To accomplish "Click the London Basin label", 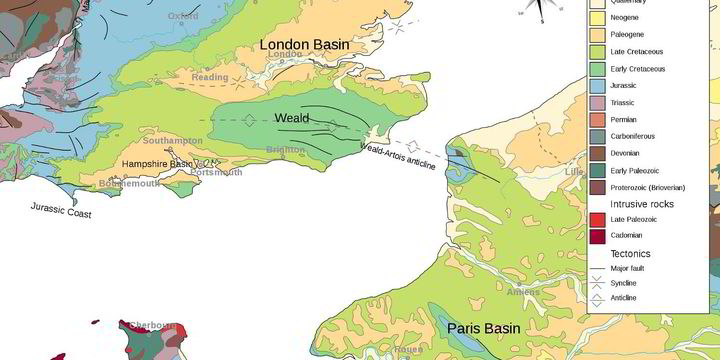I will pyautogui.click(x=306, y=45).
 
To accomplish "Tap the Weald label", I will pyautogui.click(x=291, y=119).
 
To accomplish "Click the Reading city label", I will pyautogui.click(x=210, y=77).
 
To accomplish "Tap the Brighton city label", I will pyautogui.click(x=286, y=150).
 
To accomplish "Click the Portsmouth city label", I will pyautogui.click(x=216, y=172).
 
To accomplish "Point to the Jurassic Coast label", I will pyautogui.click(x=61, y=211).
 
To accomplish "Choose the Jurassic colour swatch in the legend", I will pyautogui.click(x=598, y=85).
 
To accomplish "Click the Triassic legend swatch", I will pyautogui.click(x=598, y=102).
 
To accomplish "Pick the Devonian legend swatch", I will pyautogui.click(x=598, y=153).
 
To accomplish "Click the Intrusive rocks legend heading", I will pyautogui.click(x=640, y=204).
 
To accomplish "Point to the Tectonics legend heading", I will pyautogui.click(x=630, y=254).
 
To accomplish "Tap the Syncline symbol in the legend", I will pyautogui.click(x=598, y=283).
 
